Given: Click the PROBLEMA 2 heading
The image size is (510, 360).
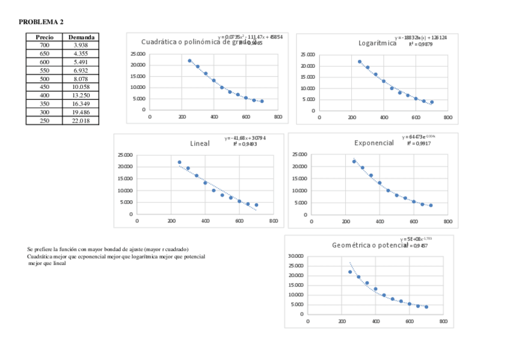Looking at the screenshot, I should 41,22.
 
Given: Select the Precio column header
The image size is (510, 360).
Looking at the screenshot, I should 45,37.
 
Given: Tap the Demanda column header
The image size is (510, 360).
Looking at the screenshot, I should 81,37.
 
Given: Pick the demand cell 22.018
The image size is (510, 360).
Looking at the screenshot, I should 81,120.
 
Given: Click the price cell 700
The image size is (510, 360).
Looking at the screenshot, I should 45,45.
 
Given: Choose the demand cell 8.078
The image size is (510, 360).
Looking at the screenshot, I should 81,79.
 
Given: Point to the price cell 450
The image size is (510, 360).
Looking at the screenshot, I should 45,87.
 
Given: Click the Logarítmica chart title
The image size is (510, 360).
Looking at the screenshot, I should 377,43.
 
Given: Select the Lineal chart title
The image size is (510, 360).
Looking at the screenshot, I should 200,144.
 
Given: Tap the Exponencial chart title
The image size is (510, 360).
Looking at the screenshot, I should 373,143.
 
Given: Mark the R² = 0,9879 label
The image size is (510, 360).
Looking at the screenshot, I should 419,44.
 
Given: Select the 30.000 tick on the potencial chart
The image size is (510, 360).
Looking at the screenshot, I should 295,256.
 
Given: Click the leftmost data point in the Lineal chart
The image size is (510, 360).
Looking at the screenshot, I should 179,162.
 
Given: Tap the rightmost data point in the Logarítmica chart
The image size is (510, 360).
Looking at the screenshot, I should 432,102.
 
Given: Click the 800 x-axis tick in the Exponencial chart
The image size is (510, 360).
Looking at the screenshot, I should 447,222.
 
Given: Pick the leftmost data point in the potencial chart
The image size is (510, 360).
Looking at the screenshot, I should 350,272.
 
